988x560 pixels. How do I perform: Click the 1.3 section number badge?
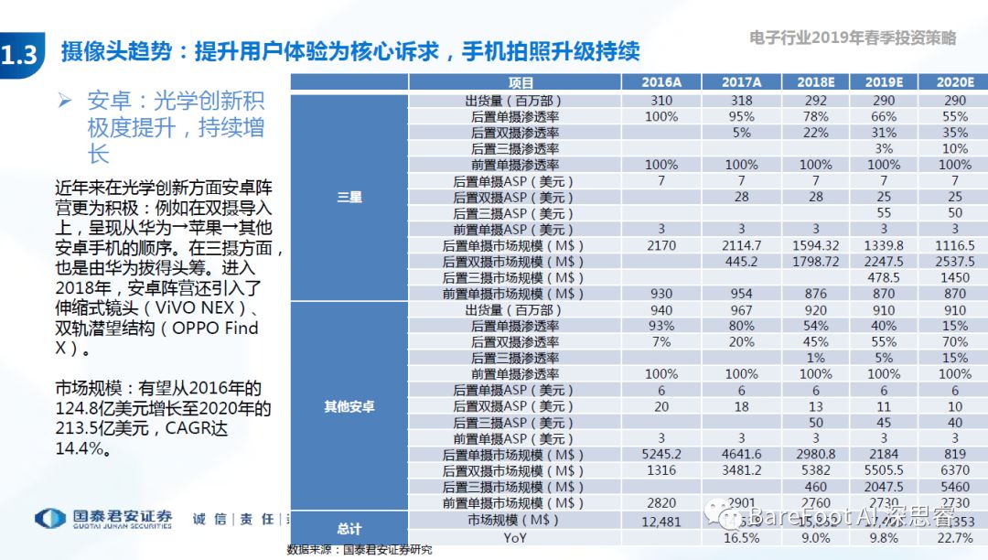tap(20, 54)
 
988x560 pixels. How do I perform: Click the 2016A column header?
tap(660, 83)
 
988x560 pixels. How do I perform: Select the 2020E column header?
tap(954, 83)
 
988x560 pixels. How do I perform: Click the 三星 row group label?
tap(349, 197)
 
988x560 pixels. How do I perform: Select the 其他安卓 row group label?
tap(349, 406)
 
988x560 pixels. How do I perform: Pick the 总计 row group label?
tap(349, 528)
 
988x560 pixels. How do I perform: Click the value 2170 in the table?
tap(660, 245)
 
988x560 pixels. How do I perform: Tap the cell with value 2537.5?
tap(954, 262)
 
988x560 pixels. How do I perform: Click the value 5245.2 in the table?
tap(660, 455)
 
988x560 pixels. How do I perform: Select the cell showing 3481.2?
tap(742, 470)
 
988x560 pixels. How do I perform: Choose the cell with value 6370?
tap(954, 470)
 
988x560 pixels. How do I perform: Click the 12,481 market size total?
tap(660, 520)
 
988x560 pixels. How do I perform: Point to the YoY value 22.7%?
tap(954, 538)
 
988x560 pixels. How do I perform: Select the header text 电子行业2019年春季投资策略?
tap(852, 38)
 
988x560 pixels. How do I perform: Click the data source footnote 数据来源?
tap(359, 551)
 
